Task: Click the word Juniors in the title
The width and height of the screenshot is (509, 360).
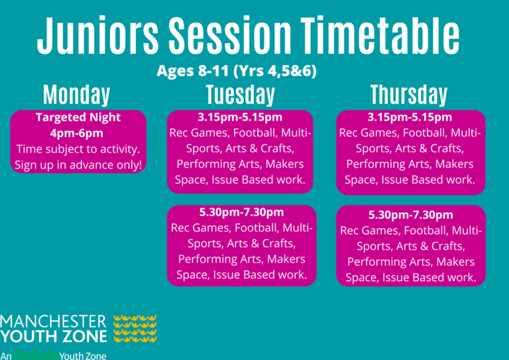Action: [97, 35]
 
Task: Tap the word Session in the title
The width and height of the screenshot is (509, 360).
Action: [230, 35]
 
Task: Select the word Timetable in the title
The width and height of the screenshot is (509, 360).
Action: [380, 35]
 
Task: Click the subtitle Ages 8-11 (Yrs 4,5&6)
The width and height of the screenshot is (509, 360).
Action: [237, 71]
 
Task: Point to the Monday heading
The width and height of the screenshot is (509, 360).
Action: [77, 95]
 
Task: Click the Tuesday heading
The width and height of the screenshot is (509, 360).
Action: [241, 95]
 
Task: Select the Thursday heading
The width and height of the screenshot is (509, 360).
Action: [409, 95]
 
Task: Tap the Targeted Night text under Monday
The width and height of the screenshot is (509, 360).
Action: [78, 117]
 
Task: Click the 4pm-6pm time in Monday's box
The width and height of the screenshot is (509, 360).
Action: [77, 133]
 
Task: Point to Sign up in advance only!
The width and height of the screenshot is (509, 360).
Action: [78, 165]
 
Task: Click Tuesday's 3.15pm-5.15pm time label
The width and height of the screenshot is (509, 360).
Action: [240, 117]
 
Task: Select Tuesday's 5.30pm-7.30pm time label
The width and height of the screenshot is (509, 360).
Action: [241, 212]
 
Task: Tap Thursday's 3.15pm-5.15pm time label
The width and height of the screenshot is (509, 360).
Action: [410, 117]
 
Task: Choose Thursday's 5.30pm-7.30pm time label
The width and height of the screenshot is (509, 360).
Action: [411, 215]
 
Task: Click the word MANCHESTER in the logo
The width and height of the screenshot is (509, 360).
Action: [53, 322]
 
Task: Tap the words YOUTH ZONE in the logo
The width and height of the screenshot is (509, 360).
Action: [54, 336]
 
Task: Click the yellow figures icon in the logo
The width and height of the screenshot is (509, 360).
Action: [135, 328]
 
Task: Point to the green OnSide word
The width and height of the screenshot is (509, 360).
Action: [36, 355]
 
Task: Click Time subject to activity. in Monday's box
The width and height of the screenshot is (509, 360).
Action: [78, 149]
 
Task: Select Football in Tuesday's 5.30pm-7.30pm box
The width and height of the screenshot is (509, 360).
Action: [256, 228]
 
